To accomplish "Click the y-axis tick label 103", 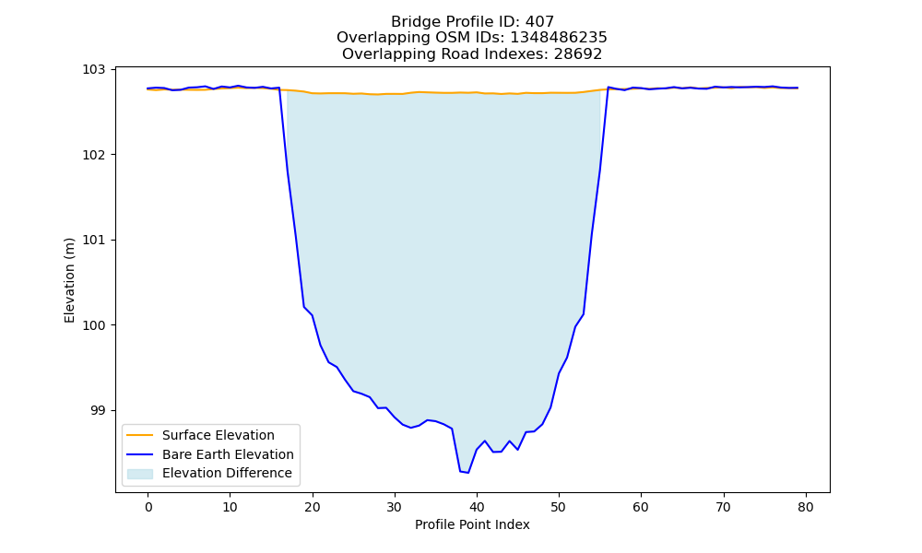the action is pos(93,70).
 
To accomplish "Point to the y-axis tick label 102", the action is pos(93,155).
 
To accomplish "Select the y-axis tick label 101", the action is pos(93,241).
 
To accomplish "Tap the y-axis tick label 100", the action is pos(93,325).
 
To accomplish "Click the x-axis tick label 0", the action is pos(148,508).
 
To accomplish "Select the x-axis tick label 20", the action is pos(313,508).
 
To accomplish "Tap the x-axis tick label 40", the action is pos(477,508).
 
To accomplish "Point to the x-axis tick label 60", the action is pos(642,508).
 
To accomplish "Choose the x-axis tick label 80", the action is pos(806,508).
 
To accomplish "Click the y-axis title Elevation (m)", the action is pos(69,280).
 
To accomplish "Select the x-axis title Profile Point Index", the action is pos(472,524).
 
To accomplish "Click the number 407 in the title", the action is pos(539,22).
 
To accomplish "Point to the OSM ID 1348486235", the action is pos(558,38).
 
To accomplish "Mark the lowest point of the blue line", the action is pos(468,473).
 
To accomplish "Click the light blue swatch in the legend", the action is pos(140,474).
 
